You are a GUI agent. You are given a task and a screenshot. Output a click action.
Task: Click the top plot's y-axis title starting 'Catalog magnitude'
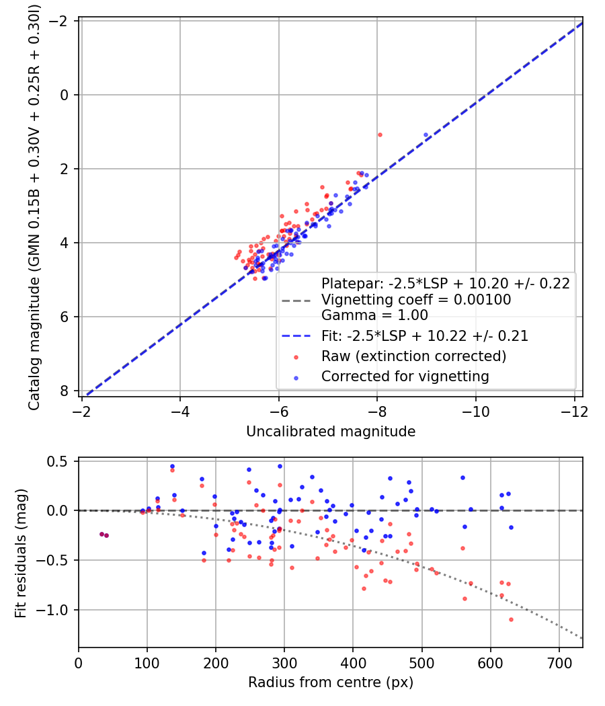35,207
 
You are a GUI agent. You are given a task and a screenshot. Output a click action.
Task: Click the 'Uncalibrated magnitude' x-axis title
331,432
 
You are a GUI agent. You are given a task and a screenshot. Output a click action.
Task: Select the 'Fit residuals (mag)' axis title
21,553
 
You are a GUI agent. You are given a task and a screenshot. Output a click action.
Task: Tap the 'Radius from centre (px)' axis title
331,682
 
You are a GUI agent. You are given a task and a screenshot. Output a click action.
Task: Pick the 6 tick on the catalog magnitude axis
65,317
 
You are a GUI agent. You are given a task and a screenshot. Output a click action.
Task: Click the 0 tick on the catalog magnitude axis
65,95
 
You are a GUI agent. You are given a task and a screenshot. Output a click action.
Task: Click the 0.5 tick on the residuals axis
61,461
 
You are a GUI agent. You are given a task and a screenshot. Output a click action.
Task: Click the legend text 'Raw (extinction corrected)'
413,356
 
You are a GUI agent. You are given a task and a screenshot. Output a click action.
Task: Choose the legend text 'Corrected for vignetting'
405,377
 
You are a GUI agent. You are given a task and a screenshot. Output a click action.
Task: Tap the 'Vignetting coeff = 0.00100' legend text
416,300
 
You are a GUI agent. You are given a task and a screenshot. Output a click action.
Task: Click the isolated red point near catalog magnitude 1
380,134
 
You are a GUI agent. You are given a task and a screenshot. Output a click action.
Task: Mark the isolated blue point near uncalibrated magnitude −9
426,135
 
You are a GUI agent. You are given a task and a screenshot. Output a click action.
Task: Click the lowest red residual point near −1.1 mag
511,619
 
